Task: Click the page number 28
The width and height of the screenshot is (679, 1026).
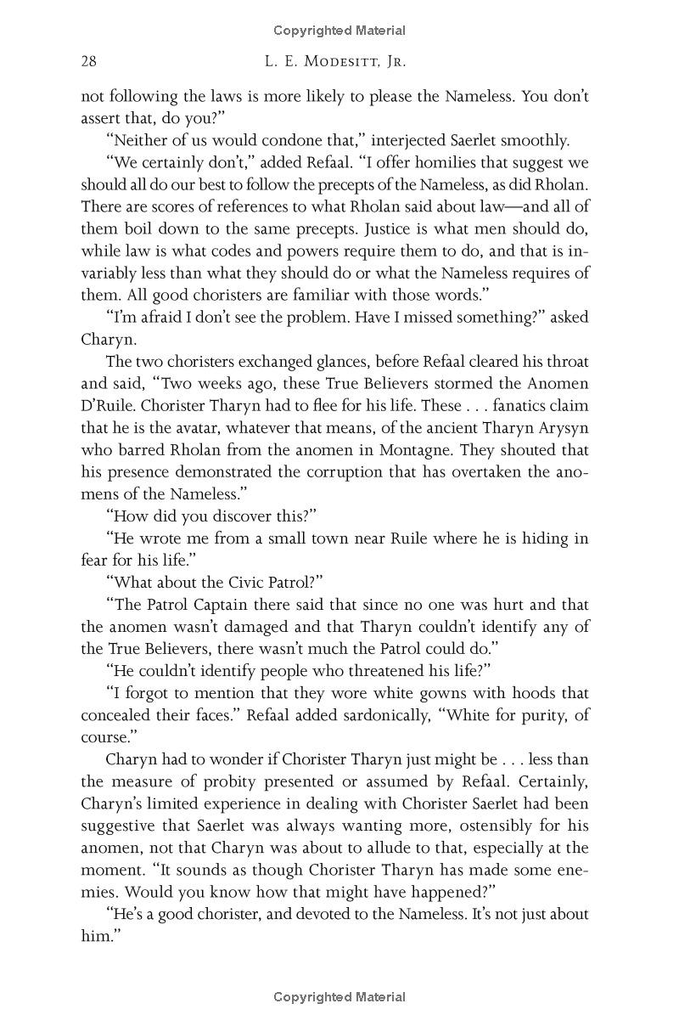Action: click(x=89, y=61)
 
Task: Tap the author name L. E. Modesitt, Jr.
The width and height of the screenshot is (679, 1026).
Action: click(x=339, y=61)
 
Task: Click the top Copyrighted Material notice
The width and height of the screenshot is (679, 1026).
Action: click(x=339, y=31)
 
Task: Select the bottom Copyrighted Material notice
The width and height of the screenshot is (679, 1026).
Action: click(x=339, y=997)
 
